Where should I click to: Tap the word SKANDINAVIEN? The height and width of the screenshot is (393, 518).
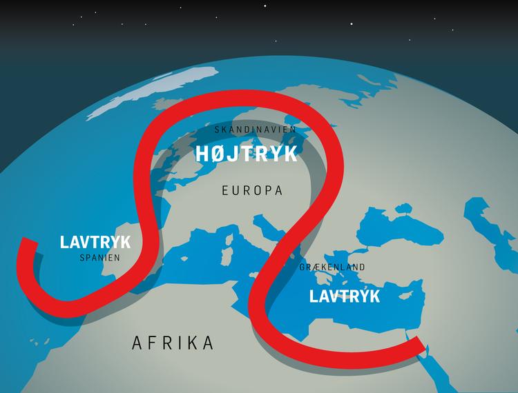click(255, 130)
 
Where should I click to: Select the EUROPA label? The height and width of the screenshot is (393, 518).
click(252, 191)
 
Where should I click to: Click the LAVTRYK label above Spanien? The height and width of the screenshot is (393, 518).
click(95, 242)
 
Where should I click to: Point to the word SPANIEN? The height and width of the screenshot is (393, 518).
click(99, 258)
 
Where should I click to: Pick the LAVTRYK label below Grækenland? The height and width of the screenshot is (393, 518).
click(345, 296)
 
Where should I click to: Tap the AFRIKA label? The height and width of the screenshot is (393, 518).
click(173, 343)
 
